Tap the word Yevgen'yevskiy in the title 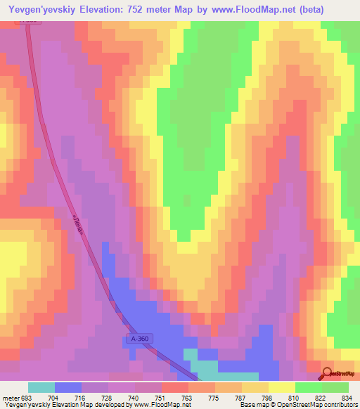(x=41, y=9)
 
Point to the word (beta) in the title (x=307, y=9)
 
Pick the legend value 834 (x=347, y=397)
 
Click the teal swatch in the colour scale (x=41, y=387)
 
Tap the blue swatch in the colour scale (x=68, y=387)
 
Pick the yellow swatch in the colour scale (x=282, y=387)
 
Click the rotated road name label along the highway (x=79, y=226)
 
